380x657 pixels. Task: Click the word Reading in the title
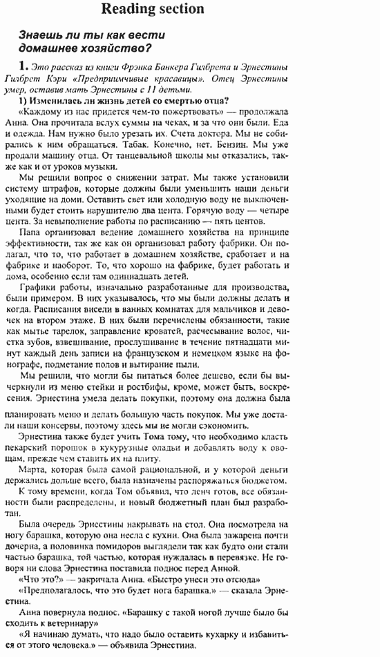pyautogui.click(x=126, y=9)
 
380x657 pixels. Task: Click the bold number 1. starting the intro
pyautogui.click(x=24, y=66)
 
